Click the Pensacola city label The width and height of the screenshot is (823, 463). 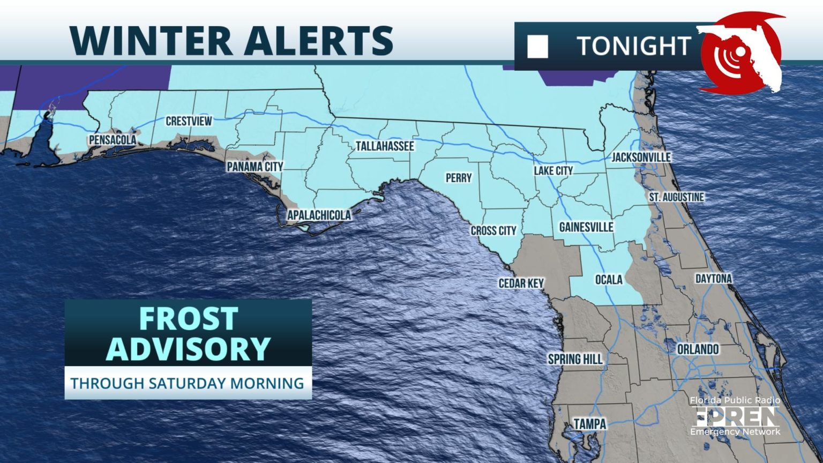[113, 140]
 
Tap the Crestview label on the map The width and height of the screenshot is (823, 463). [189, 121]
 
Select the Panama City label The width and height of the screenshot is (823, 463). [255, 167]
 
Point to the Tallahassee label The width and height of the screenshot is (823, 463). [385, 146]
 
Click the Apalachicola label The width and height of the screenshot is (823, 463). [319, 215]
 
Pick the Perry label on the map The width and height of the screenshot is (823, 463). [459, 178]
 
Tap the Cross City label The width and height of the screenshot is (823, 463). [493, 230]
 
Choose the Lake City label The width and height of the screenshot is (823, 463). [553, 170]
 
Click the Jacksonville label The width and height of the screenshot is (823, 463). [641, 157]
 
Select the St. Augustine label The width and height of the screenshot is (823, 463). [676, 197]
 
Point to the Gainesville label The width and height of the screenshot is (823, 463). [586, 227]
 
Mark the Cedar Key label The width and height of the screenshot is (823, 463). [521, 283]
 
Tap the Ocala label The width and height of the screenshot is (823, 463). [609, 280]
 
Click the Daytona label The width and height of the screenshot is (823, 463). [713, 279]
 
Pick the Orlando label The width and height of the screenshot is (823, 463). [698, 349]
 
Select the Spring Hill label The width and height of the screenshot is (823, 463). [575, 359]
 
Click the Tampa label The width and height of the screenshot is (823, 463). [590, 424]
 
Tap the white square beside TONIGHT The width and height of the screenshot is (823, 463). [537, 47]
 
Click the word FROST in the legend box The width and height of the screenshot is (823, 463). [188, 319]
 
